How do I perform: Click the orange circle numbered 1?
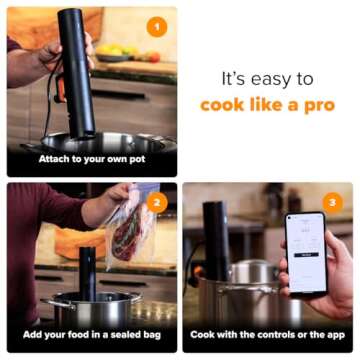pos(156,27)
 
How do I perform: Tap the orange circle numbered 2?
pos(156,204)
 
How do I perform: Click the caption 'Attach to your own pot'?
pos(91,159)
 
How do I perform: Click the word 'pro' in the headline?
pos(318,104)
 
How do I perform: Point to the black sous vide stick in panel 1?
pos(75,70)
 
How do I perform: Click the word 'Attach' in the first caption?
pos(56,159)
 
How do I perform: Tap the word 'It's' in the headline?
pos(233,77)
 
